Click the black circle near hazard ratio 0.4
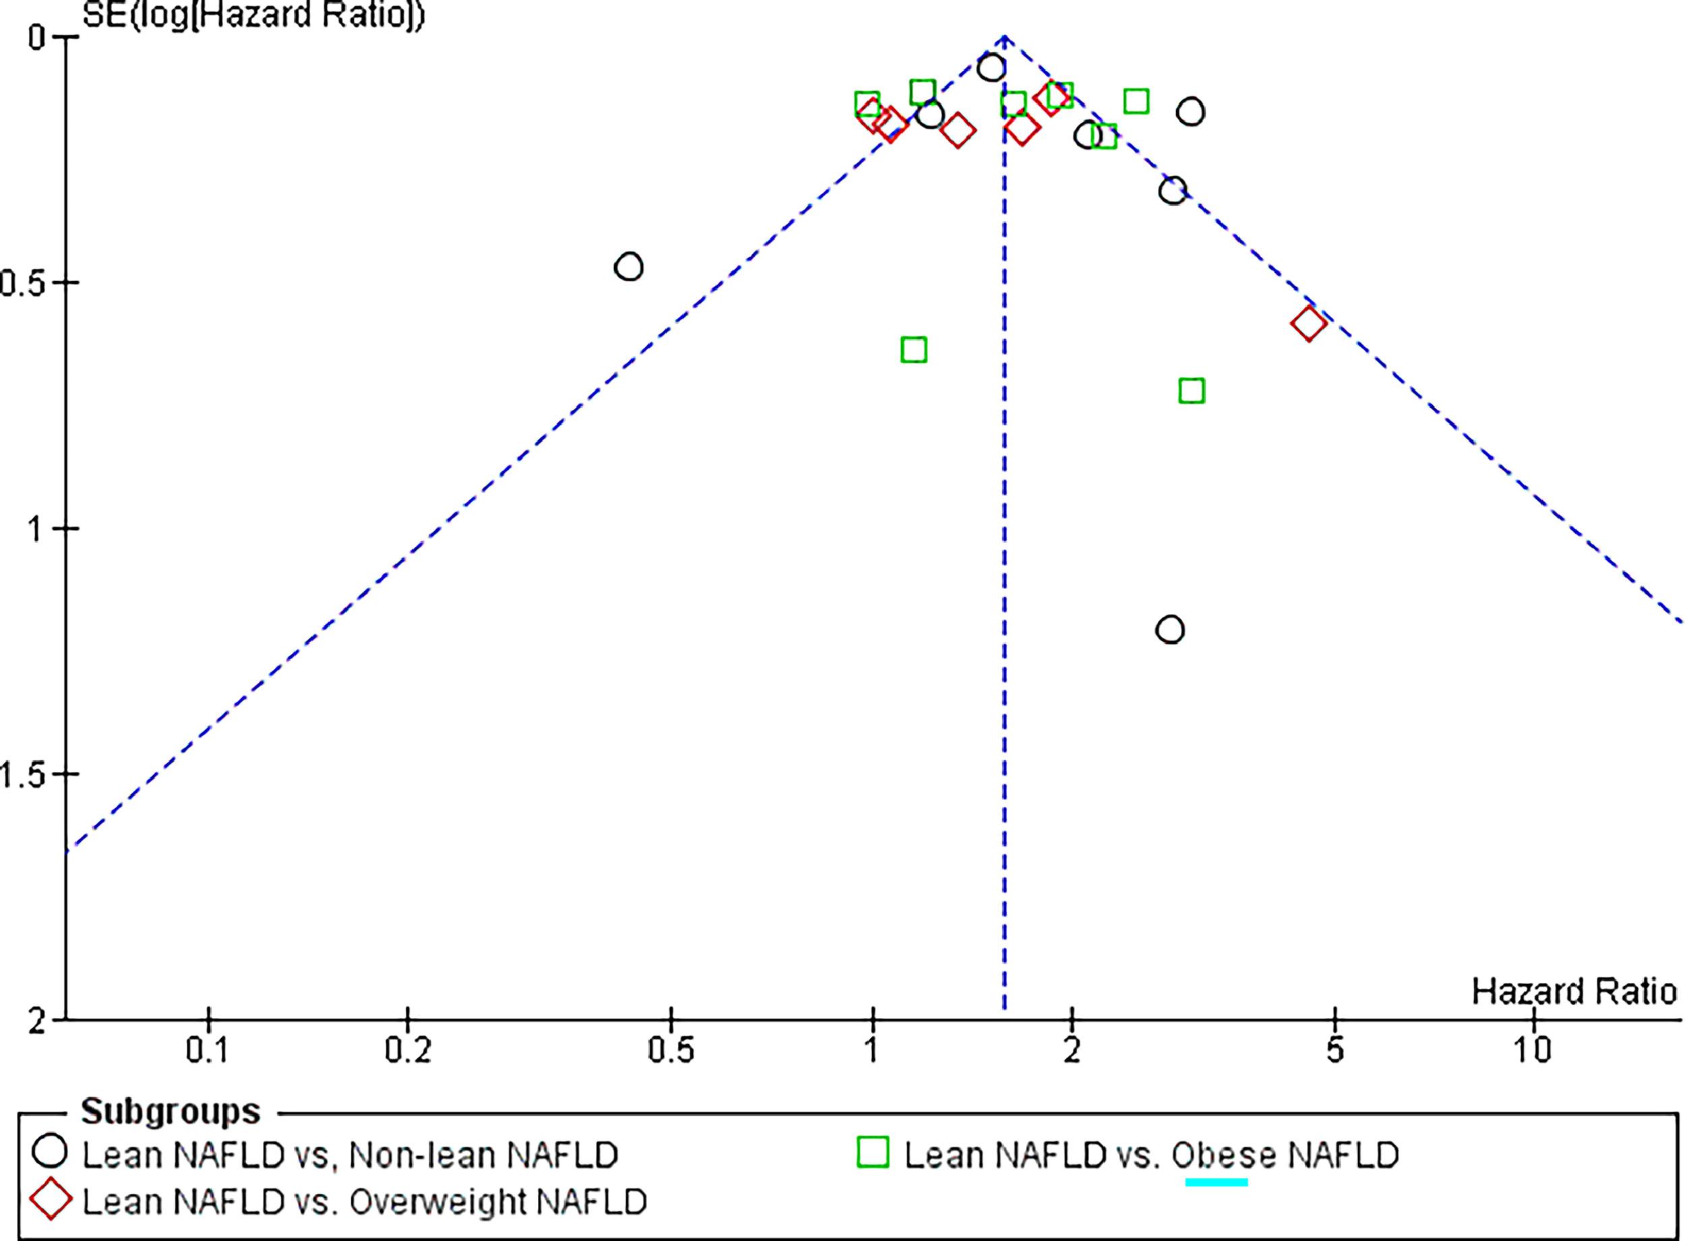coord(628,267)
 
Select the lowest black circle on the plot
coord(1170,629)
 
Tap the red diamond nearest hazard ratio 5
coord(1308,324)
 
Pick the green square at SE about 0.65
coord(913,349)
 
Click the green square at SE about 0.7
coord(1192,390)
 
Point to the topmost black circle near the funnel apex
coord(991,67)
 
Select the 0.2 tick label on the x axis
coord(407,1051)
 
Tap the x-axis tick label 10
coord(1532,1051)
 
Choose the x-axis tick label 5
coord(1334,1051)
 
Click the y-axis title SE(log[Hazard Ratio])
coord(253,15)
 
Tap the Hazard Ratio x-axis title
coord(1574,992)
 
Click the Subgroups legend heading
coord(171,1111)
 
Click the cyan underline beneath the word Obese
coord(1216,1182)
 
